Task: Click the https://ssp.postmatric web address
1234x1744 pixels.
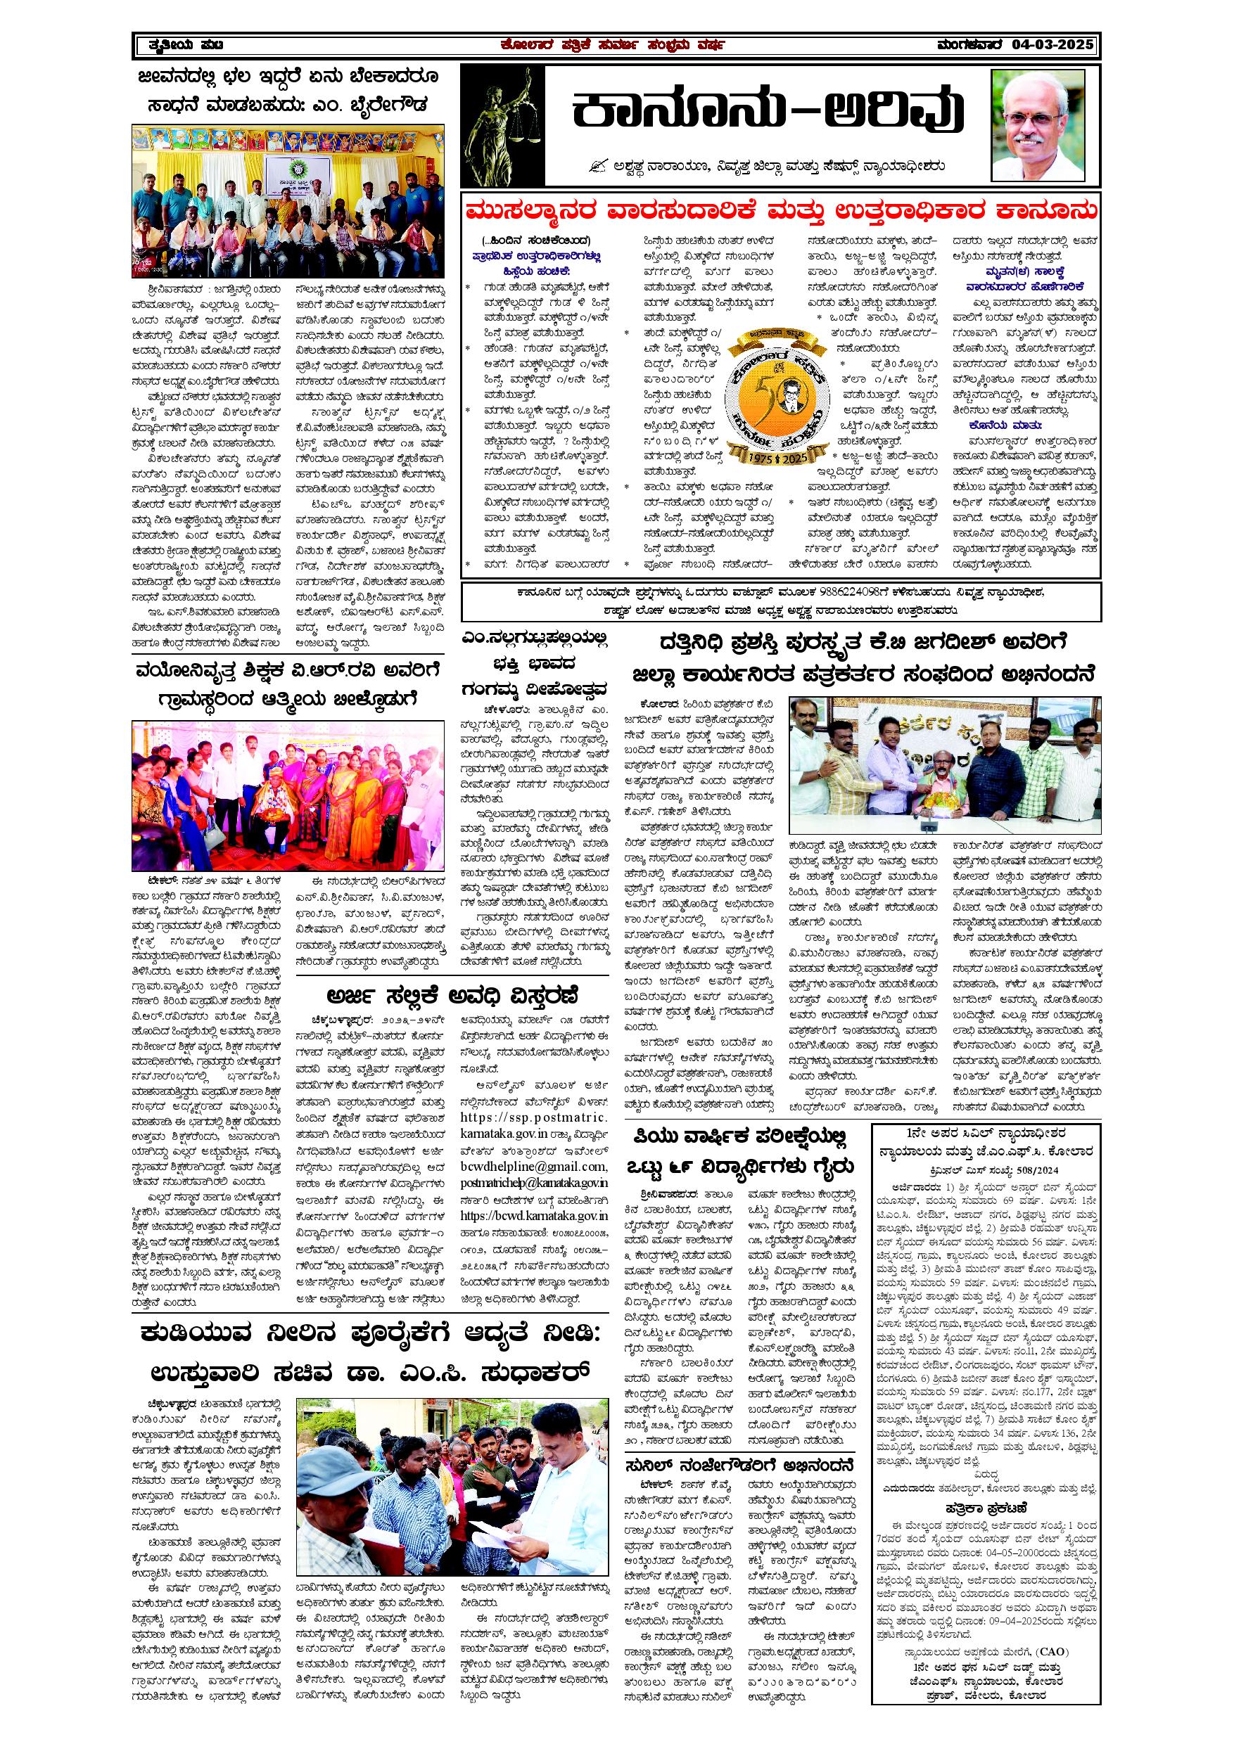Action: pos(533,1117)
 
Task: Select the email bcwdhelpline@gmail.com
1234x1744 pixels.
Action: pos(533,1166)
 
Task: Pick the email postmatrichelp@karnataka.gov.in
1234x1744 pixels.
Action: pos(533,1183)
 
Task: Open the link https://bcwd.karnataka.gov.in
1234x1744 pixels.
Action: pos(533,1215)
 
